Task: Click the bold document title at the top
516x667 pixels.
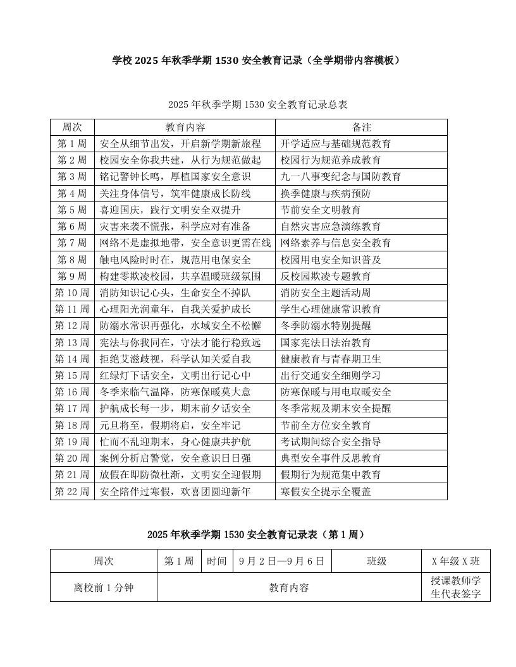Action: [257, 61]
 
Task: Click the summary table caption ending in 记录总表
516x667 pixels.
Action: [258, 104]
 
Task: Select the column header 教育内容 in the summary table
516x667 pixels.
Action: [185, 128]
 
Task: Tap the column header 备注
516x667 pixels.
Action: [361, 128]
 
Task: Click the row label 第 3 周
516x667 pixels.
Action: [72, 177]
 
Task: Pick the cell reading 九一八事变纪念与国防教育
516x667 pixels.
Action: [341, 177]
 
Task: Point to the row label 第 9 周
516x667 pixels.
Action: [72, 276]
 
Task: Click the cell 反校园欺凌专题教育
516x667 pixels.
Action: [326, 276]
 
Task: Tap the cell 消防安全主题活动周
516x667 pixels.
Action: [326, 292]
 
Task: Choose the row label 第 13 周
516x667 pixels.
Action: [72, 342]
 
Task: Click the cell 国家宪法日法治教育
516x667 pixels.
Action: [326, 342]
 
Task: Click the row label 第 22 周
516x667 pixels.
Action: [72, 491]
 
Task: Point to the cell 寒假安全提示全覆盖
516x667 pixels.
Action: [326, 491]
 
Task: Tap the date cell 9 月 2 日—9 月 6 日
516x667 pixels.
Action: [282, 561]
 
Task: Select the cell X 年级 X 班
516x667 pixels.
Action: [455, 561]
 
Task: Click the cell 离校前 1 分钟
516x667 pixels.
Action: [104, 587]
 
